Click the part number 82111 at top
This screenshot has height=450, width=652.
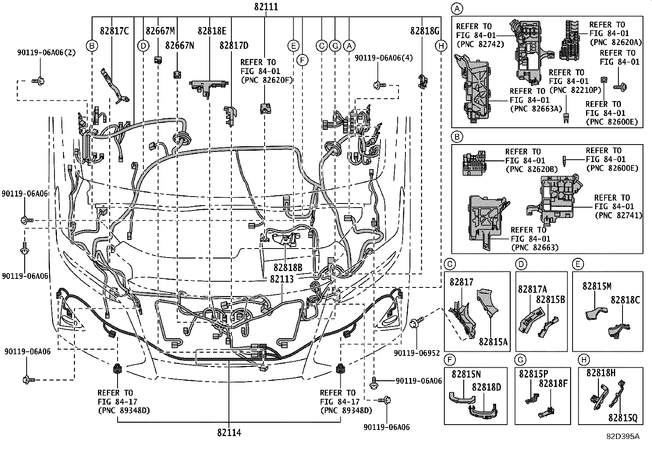point(266,7)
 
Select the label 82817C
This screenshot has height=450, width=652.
point(114,30)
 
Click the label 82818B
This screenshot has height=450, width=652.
point(288,267)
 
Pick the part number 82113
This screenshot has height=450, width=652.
point(281,278)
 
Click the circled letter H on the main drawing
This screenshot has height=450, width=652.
point(441,46)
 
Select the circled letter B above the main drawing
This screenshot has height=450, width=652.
point(92,46)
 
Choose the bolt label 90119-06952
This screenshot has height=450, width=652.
point(417,353)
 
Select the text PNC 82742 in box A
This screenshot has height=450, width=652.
point(480,44)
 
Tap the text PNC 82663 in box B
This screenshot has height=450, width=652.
point(535,247)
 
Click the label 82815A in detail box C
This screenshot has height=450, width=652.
point(493,341)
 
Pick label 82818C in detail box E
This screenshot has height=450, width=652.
point(625,300)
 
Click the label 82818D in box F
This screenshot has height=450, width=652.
point(486,387)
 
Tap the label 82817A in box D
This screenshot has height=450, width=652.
point(532,289)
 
